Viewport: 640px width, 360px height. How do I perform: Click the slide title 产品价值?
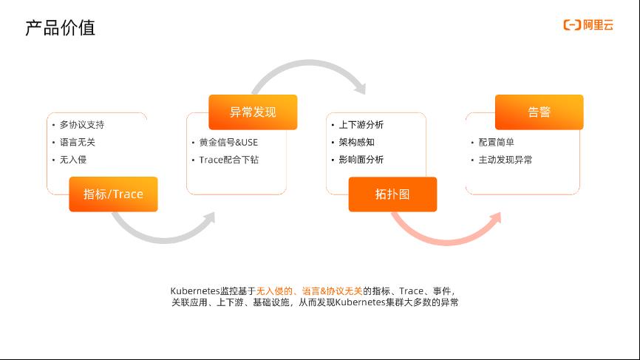(60, 28)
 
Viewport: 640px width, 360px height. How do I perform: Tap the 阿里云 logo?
(588, 25)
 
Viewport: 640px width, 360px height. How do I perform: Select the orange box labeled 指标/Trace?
(114, 194)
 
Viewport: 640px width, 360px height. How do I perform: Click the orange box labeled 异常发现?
(253, 112)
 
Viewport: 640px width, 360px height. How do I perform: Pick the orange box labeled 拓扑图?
(392, 194)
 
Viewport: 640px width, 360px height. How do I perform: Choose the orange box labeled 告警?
(539, 112)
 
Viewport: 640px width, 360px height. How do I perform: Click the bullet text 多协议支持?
(82, 124)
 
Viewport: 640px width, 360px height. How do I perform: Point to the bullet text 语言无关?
(78, 142)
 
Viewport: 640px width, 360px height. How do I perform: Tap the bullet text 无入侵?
(73, 160)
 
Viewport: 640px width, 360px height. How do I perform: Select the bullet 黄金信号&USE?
(228, 143)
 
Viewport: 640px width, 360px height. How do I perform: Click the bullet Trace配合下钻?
(228, 160)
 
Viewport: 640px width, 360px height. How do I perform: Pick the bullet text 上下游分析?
(361, 124)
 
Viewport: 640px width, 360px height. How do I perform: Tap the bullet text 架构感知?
(357, 142)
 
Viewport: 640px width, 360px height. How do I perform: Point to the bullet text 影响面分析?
(361, 160)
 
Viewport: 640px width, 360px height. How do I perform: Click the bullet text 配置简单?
(497, 142)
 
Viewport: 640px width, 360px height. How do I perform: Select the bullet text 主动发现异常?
(505, 160)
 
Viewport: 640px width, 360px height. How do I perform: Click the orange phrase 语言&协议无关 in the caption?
(333, 291)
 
